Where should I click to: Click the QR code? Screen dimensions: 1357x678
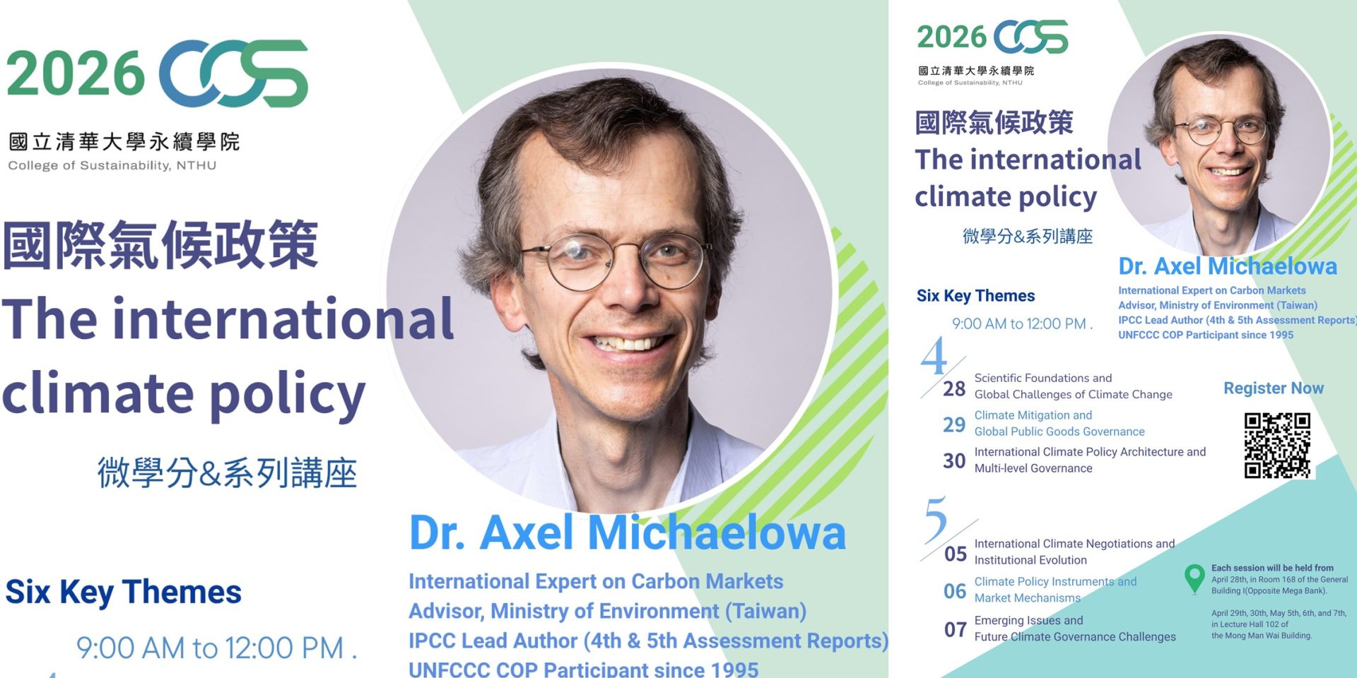tap(1277, 446)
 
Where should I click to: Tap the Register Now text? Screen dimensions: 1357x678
tap(1274, 388)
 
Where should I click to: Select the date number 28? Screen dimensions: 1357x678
tap(954, 388)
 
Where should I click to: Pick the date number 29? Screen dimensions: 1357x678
tap(954, 424)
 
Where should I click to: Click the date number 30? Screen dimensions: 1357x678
tap(954, 460)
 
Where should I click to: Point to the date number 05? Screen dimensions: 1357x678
tap(956, 554)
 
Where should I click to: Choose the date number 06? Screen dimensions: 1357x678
tap(955, 591)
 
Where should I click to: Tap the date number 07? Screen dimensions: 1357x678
tap(956, 629)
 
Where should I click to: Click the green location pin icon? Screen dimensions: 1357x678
tap(1194, 578)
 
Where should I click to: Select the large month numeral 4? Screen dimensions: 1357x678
tap(934, 356)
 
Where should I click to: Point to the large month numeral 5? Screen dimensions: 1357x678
tap(936, 519)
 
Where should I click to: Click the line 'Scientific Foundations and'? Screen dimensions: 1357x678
tap(1043, 378)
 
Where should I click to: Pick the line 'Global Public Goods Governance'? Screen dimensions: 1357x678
tap(1059, 432)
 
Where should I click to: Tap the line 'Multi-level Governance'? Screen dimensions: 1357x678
tap(1033, 468)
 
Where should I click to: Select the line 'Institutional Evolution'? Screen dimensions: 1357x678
tap(1030, 560)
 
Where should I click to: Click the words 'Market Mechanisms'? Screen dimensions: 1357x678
tap(1028, 598)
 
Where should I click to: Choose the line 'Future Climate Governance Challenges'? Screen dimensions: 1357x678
tap(1075, 637)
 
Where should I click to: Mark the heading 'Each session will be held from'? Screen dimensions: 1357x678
tap(1272, 568)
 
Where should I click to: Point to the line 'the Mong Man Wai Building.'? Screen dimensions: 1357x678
tap(1262, 636)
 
